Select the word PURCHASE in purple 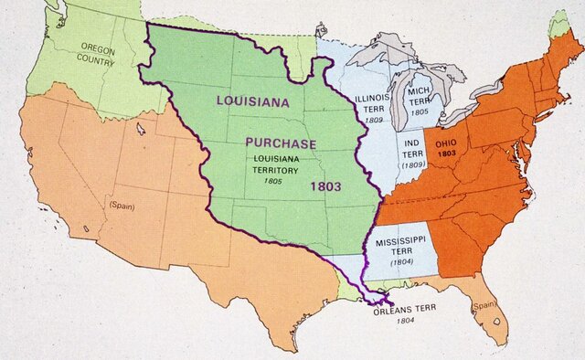pos(281,143)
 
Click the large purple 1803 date pos(325,186)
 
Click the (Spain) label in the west pos(122,205)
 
